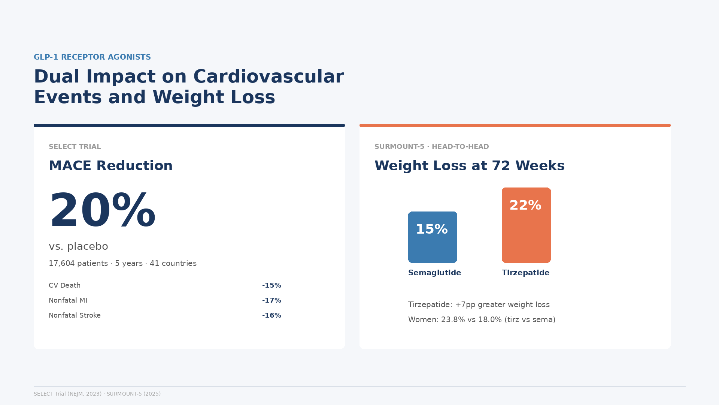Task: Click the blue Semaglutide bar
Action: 433,237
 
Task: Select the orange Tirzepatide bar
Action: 526,225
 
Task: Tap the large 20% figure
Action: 102,210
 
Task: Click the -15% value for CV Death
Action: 271,285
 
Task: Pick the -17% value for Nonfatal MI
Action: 271,300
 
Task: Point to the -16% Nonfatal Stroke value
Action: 271,315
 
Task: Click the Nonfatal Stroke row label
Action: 75,315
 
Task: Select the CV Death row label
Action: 64,285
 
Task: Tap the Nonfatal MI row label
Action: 68,300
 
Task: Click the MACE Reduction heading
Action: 110,166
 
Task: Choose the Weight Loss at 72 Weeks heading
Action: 469,166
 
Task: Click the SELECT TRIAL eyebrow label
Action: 75,147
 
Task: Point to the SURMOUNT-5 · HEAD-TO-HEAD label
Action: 431,147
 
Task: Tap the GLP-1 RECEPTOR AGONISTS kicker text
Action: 92,57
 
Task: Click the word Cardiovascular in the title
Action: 269,76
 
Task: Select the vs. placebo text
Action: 78,246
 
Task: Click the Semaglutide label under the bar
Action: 434,273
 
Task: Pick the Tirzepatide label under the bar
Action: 525,273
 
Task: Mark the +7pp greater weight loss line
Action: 479,304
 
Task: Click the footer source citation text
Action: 97,394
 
